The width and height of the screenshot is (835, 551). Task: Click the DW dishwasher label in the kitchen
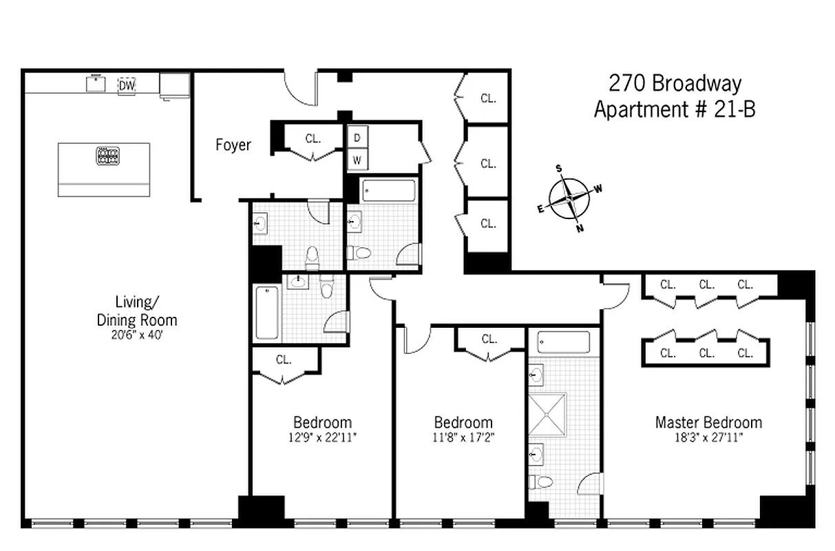pos(127,85)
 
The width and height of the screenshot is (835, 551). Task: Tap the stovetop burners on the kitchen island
pos(107,155)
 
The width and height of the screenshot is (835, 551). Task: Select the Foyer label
pos(233,145)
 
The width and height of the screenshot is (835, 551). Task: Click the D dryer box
pos(357,137)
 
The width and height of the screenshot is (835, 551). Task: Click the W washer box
pos(357,160)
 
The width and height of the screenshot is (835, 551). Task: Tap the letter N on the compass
pos(580,229)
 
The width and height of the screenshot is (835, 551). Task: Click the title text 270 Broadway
pos(675,84)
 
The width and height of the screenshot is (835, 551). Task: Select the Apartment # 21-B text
pos(675,109)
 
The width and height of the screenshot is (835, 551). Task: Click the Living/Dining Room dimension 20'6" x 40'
pos(136,335)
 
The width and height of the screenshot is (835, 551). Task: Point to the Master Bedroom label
pos(708,422)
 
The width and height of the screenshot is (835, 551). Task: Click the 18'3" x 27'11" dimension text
pos(708,437)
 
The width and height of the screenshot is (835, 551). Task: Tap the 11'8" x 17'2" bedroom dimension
pos(463,437)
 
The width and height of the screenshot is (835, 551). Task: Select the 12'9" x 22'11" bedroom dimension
pos(323,437)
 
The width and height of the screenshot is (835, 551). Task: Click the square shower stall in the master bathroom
pos(547,415)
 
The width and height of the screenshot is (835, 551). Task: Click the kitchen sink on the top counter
pos(95,83)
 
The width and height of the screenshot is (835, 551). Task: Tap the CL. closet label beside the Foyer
pos(313,138)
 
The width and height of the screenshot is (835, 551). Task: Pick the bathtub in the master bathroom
pos(563,342)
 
